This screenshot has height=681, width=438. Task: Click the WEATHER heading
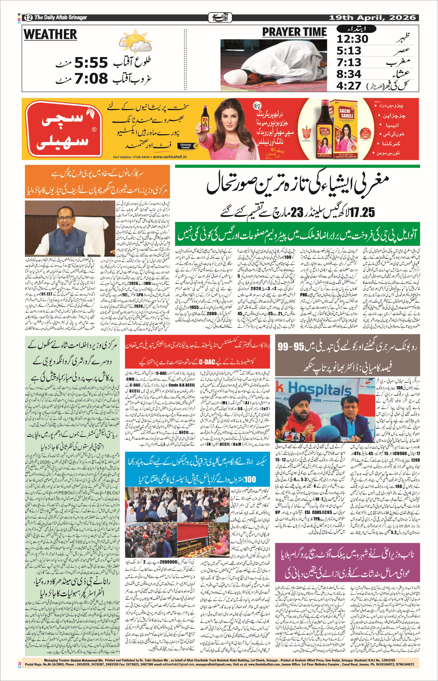tap(50, 34)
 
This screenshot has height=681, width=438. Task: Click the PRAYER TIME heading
tap(294, 32)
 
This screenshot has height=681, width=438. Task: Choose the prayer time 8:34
tap(349, 74)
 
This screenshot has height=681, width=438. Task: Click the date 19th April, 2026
tap(372, 18)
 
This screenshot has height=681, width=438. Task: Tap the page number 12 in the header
tap(28, 18)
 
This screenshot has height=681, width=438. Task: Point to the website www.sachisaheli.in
tap(170, 157)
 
